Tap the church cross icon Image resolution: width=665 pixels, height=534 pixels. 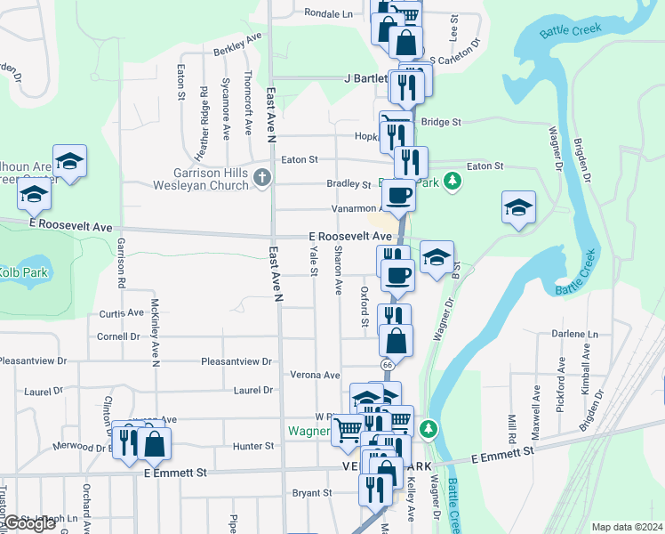(261, 178)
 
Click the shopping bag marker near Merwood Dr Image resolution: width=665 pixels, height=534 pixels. (154, 445)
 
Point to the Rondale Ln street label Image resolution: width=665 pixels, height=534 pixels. (328, 13)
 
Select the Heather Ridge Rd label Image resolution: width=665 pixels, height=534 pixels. (204, 112)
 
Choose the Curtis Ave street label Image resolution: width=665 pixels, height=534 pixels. (121, 313)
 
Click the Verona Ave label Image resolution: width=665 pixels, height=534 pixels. (316, 376)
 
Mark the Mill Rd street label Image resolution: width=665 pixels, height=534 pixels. (512, 429)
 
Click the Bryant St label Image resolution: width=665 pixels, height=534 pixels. (311, 492)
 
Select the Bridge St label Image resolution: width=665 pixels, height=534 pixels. (441, 121)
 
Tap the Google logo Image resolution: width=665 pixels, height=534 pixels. (29, 523)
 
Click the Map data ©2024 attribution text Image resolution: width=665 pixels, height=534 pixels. (627, 527)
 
